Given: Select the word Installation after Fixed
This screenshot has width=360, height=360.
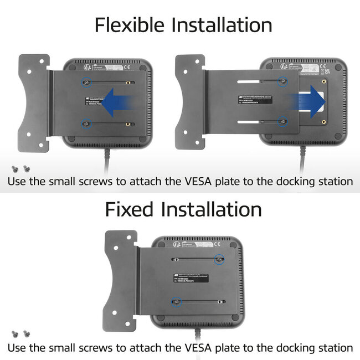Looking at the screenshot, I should (211, 209).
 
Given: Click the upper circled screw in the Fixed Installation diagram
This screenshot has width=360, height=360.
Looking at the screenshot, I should (219, 259).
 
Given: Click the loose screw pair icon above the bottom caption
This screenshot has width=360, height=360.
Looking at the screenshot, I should (20, 334).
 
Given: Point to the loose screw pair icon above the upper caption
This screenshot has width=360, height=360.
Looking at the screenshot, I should (20, 168).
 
